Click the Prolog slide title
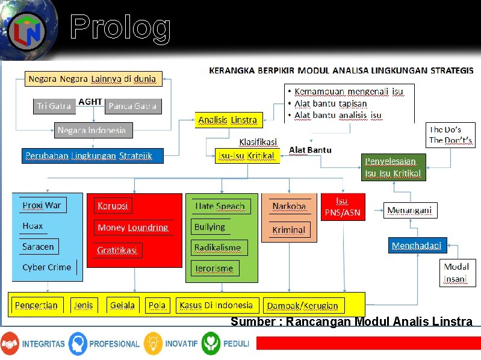pyautogui.click(x=120, y=28)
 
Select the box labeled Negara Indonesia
pyautogui.click(x=92, y=130)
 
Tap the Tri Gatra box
pyautogui.click(x=54, y=106)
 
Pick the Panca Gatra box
pyautogui.click(x=133, y=106)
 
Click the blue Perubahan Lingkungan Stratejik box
pyautogui.click(x=92, y=156)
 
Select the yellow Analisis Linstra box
pyautogui.click(x=228, y=120)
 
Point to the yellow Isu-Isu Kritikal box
pyautogui.click(x=247, y=155)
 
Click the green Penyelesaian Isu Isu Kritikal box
pyautogui.click(x=394, y=167)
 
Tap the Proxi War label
pyautogui.click(x=42, y=205)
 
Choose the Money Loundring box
pyautogui.click(x=133, y=228)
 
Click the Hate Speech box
pyautogui.click(x=220, y=206)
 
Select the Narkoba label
pyautogui.click(x=289, y=206)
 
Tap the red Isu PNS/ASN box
pyautogui.click(x=343, y=206)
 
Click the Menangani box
pyautogui.click(x=409, y=210)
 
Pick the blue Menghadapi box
pyautogui.click(x=417, y=246)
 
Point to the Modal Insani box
pyautogui.click(x=456, y=273)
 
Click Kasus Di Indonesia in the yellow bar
pyautogui.click(x=217, y=305)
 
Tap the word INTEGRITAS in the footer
pyautogui.click(x=43, y=344)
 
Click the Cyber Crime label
pyautogui.click(x=46, y=267)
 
